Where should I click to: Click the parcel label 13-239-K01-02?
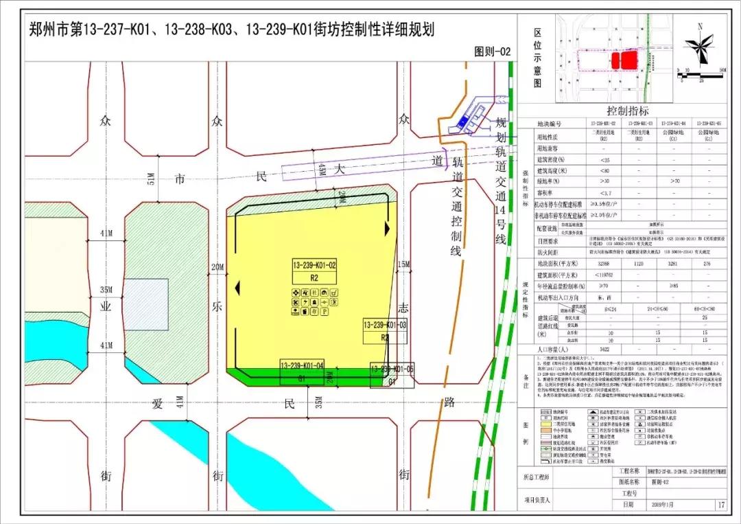click(x=314, y=265)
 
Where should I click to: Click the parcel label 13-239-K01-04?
click(x=301, y=365)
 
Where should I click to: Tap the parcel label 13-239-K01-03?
click(x=385, y=324)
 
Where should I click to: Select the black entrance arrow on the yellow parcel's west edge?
click(x=238, y=286)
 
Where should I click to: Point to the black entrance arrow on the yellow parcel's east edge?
click(x=388, y=227)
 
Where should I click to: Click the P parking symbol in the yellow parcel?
click(x=325, y=312)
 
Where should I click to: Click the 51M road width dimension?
click(x=152, y=179)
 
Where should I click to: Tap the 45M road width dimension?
click(x=320, y=168)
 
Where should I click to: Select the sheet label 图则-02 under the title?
click(x=493, y=52)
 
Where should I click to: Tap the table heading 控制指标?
click(x=627, y=111)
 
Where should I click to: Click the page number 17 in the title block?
click(x=719, y=505)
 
